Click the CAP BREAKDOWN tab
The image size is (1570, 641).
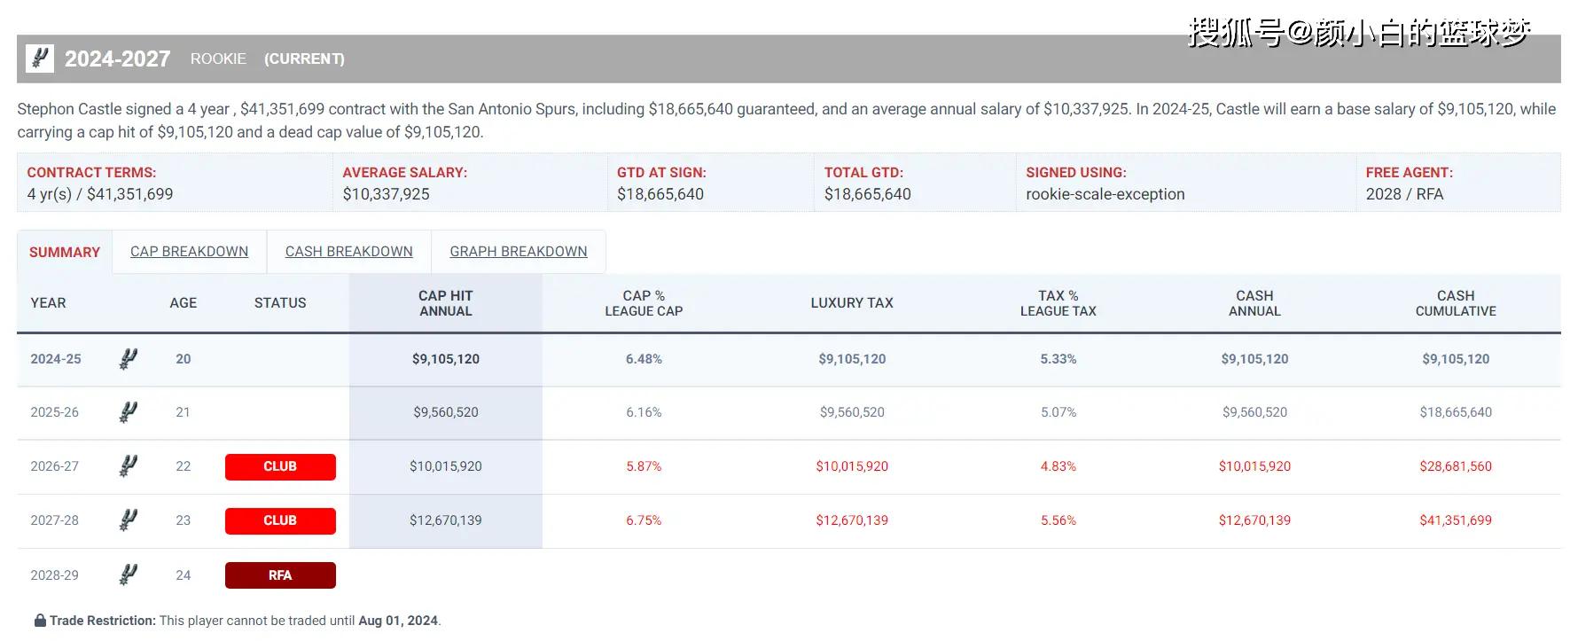(x=189, y=252)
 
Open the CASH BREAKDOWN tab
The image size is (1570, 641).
(x=348, y=252)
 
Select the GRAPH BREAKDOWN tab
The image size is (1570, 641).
(x=518, y=252)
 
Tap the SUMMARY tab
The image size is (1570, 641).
(x=65, y=253)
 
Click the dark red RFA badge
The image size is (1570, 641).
(x=280, y=575)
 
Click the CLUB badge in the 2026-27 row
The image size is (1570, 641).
(x=280, y=466)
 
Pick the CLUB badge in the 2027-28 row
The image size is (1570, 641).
(x=280, y=520)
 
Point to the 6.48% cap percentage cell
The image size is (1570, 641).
(x=644, y=359)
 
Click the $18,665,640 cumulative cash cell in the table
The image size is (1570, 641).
(x=1456, y=412)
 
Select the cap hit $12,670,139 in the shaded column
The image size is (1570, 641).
(x=445, y=520)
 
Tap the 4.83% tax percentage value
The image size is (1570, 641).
(x=1058, y=466)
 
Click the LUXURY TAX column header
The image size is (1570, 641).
(x=851, y=303)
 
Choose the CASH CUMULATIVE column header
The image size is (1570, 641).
(x=1456, y=303)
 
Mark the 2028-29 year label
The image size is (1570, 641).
(x=54, y=575)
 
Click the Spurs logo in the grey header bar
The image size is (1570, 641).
(x=40, y=59)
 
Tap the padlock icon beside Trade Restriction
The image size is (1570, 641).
(x=40, y=621)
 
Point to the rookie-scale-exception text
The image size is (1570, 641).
(x=1105, y=194)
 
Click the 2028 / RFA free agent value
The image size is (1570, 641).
(x=1404, y=194)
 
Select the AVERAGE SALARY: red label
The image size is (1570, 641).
(x=404, y=173)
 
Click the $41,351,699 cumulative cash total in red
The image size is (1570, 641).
(x=1456, y=520)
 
